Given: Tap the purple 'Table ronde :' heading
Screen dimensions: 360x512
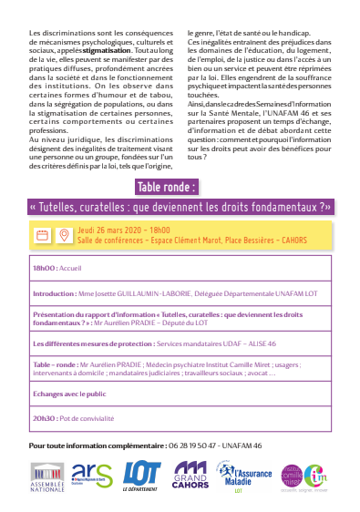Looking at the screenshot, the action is tap(166, 188).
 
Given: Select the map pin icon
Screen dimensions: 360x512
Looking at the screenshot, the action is tap(63, 235).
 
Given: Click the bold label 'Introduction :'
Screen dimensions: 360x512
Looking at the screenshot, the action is tap(54, 294).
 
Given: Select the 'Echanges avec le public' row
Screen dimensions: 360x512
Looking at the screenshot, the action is tap(70, 395).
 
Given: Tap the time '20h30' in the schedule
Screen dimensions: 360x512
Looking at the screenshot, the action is tap(44, 417).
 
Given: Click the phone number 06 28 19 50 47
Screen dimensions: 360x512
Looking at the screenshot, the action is tap(196, 445).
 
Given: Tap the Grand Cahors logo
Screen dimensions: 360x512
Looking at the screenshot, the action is tap(191, 475).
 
